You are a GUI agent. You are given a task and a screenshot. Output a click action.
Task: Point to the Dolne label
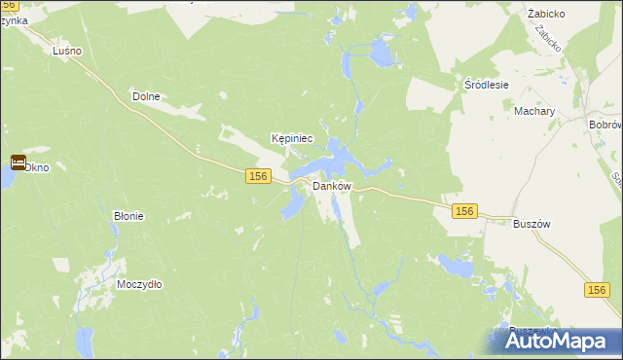click(x=145, y=96)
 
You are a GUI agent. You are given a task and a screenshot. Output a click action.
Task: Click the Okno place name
click(x=36, y=167)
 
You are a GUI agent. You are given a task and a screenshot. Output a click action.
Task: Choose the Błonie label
click(x=128, y=216)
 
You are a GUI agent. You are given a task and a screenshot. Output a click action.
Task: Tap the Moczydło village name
click(x=139, y=284)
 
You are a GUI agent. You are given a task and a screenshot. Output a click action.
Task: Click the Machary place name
click(x=534, y=111)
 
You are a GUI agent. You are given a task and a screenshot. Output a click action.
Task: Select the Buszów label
click(x=531, y=223)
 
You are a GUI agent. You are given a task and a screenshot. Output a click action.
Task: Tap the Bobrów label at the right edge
click(x=605, y=126)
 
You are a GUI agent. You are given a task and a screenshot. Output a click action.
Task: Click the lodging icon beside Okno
click(x=18, y=162)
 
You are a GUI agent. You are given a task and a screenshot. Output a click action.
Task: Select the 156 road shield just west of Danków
click(x=257, y=175)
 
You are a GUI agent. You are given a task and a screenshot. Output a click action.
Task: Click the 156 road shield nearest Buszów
click(x=463, y=211)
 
